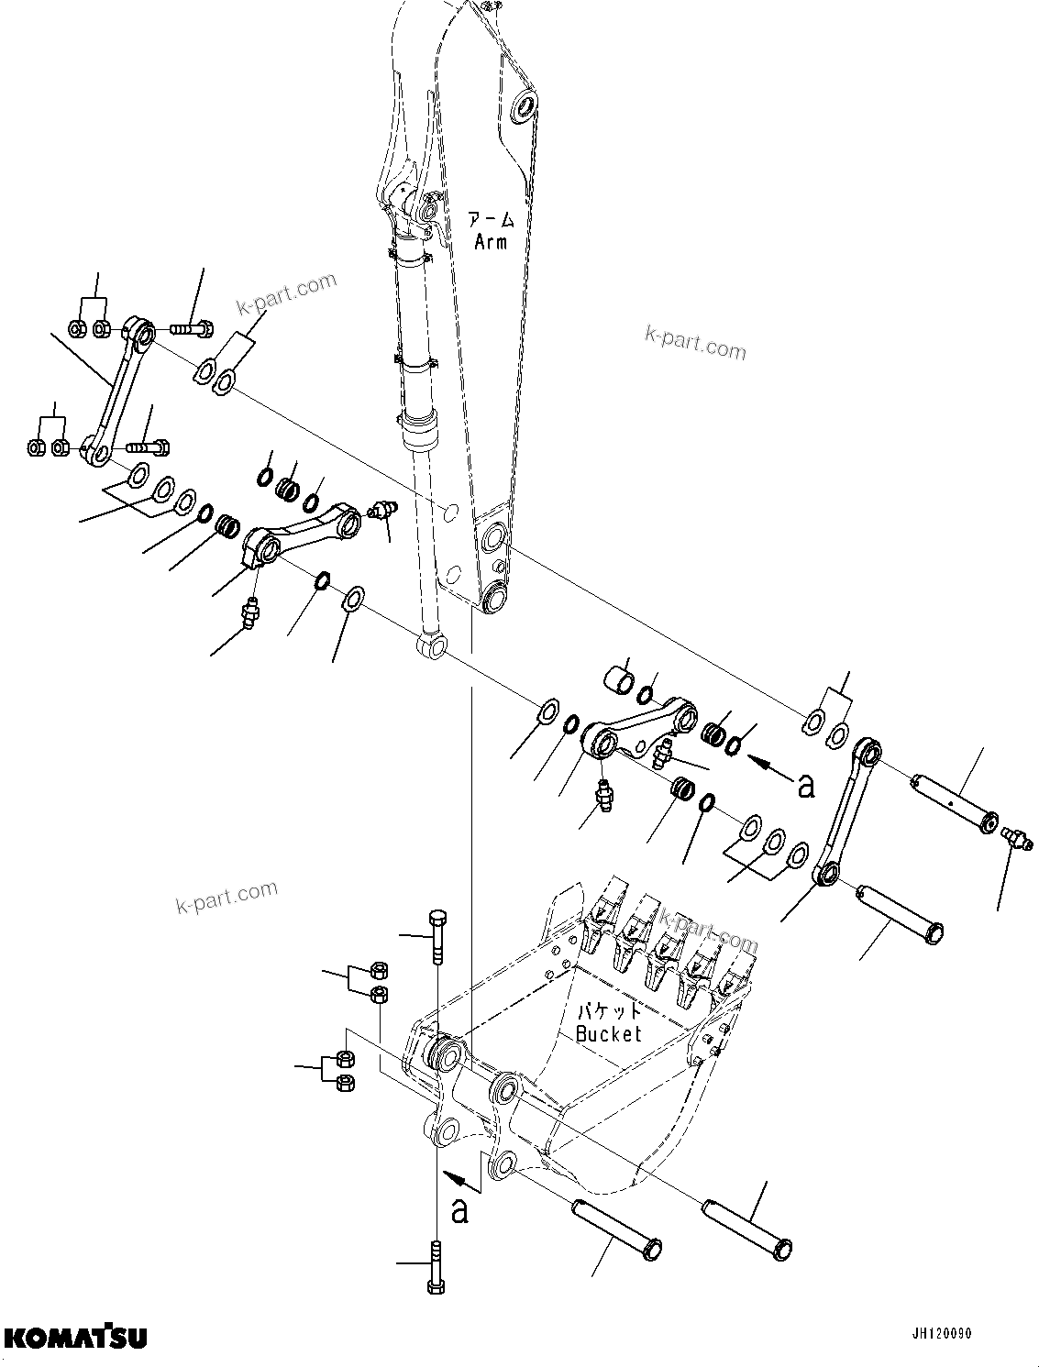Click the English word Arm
pos(492,242)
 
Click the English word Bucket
pos(608,1034)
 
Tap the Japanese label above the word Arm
pos(492,219)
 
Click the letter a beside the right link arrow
pos(806,785)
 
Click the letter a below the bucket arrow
pos(459,1211)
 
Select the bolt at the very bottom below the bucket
pos(437,1267)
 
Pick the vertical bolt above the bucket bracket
pos(437,934)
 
